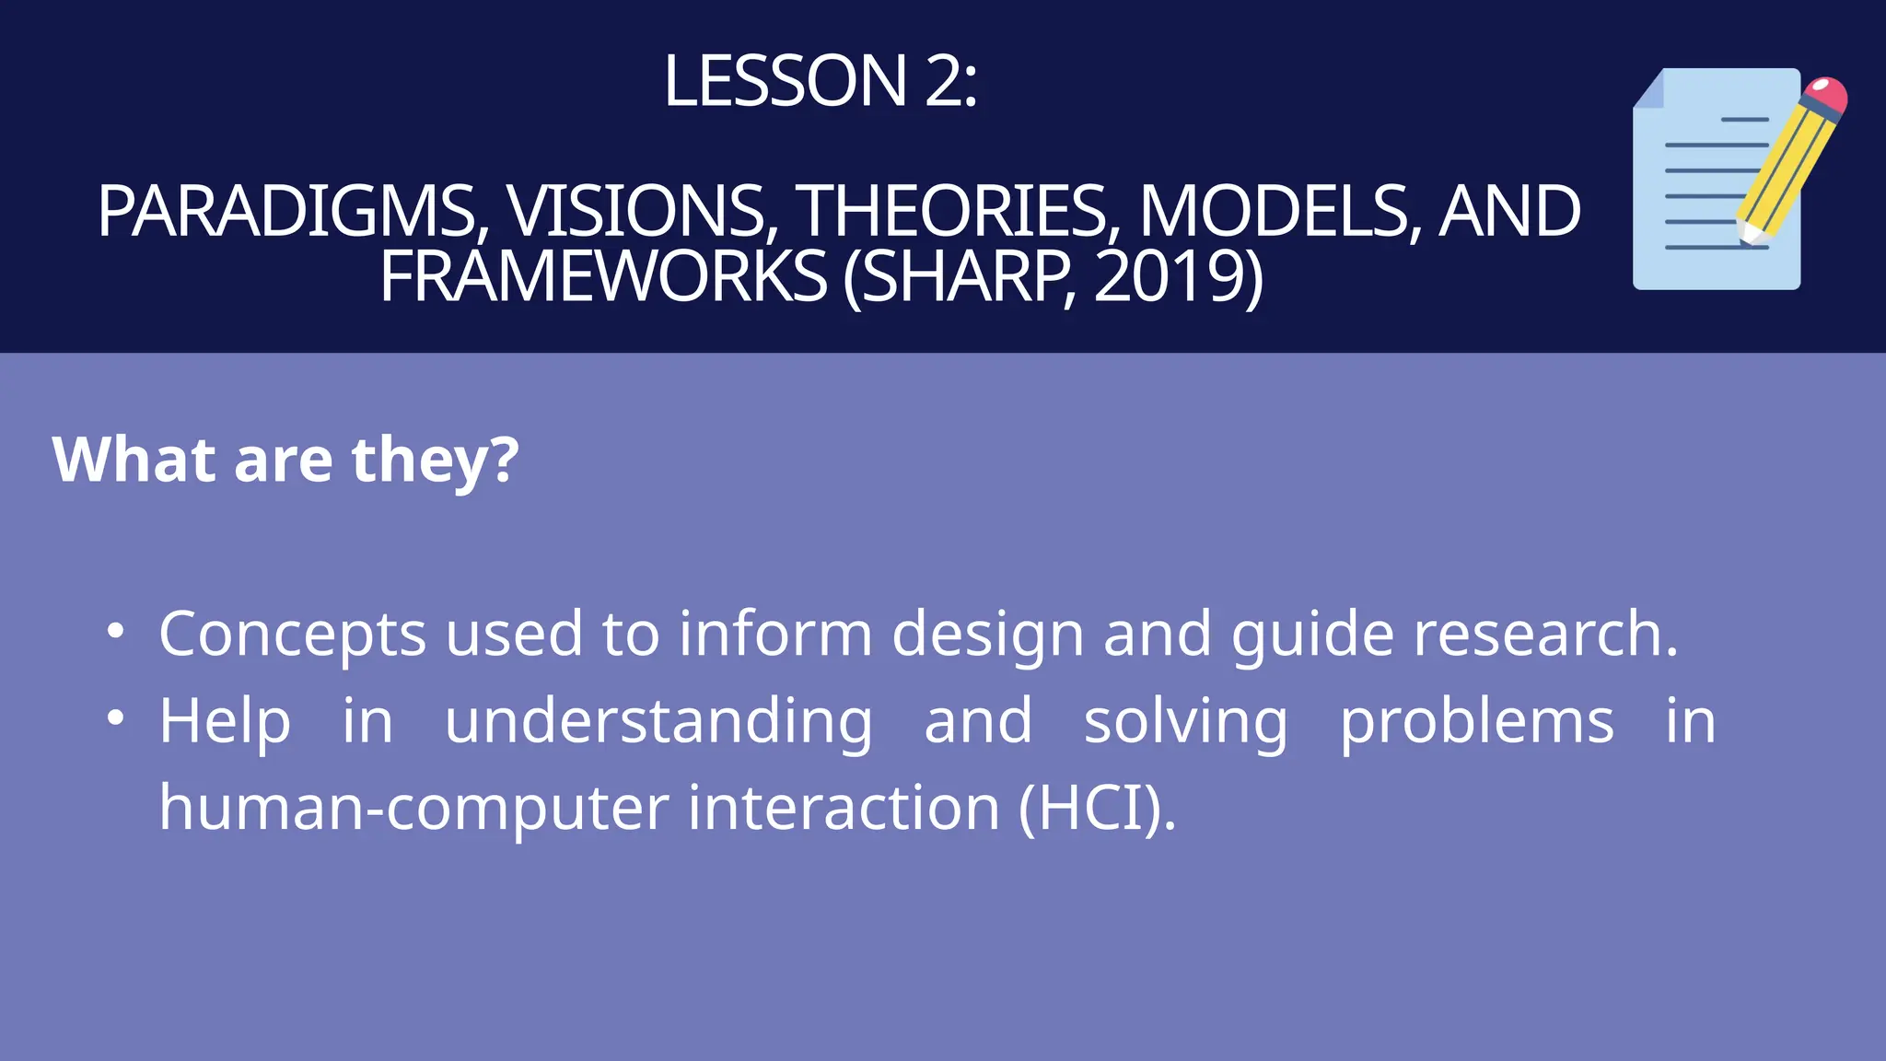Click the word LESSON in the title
click(x=786, y=81)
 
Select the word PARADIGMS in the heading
click(x=285, y=212)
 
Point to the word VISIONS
click(x=635, y=212)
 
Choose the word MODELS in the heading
click(x=1275, y=212)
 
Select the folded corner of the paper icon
click(x=1649, y=90)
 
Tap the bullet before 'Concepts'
click(x=115, y=632)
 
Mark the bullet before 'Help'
click(x=115, y=718)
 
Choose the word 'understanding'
click(x=658, y=721)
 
